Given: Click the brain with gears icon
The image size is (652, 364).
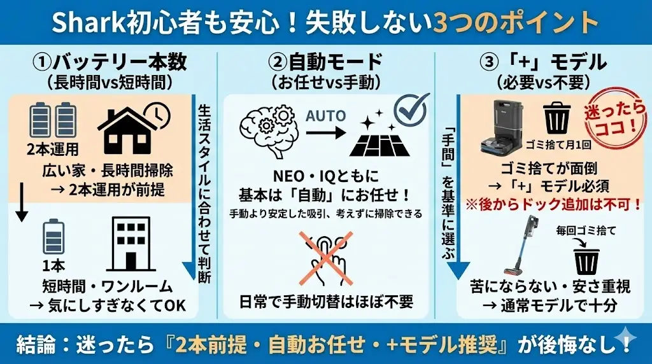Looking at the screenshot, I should [x=267, y=127].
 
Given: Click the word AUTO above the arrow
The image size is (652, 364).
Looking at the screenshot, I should [x=326, y=116].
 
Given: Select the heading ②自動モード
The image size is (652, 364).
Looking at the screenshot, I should [x=325, y=62].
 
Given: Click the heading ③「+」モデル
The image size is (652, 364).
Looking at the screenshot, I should [x=543, y=62].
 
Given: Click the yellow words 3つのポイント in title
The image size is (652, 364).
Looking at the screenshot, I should [x=516, y=23].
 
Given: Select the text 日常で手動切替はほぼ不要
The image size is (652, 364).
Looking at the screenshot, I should [x=326, y=300].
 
